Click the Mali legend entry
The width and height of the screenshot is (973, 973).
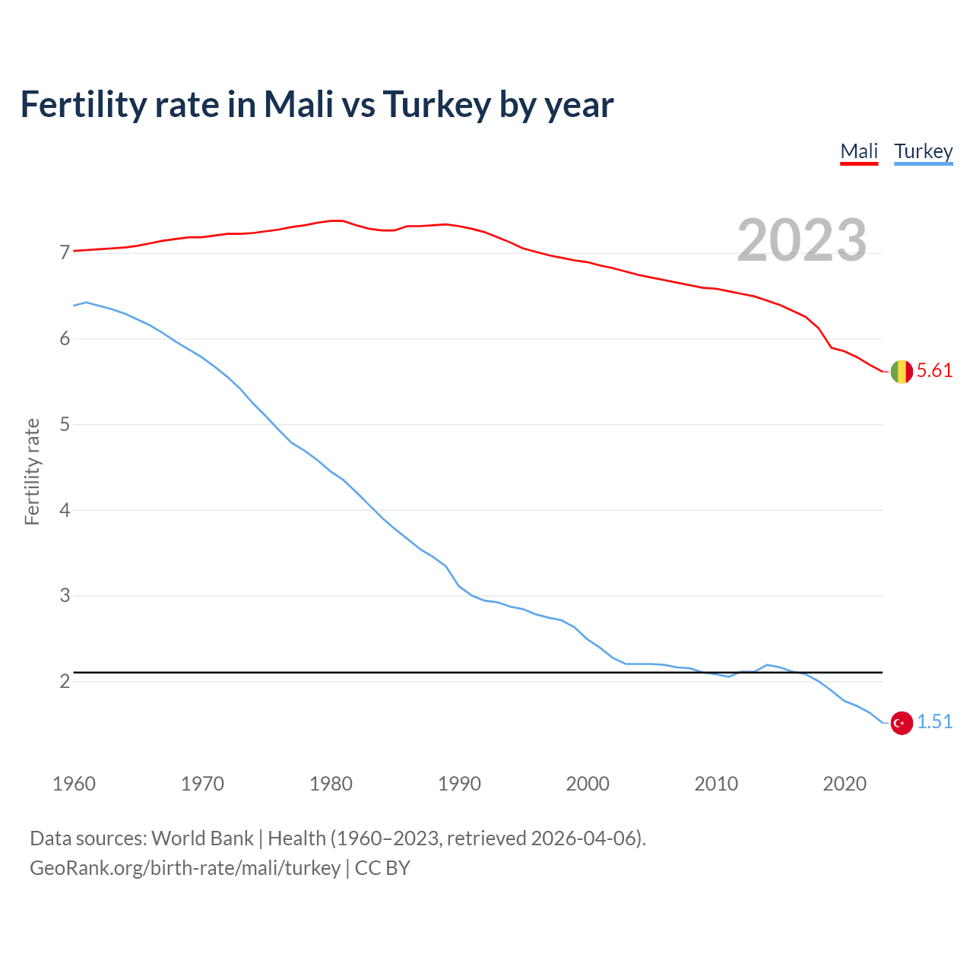coord(859,151)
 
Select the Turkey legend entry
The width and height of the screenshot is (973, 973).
coord(923,151)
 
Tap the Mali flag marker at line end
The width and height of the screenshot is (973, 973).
coord(902,372)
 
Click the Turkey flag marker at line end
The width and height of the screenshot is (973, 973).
coord(902,723)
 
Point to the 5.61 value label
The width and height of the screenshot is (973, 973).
coord(934,371)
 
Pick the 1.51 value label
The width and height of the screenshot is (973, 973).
coord(934,722)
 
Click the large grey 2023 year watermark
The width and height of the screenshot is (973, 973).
coord(802,240)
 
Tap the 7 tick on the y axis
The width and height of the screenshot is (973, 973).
coord(65,253)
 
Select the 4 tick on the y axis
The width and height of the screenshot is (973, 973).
coord(65,510)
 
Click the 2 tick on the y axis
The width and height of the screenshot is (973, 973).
coord(65,681)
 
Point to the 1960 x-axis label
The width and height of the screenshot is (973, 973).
coord(74,784)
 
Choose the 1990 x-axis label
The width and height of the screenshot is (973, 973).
coord(459,784)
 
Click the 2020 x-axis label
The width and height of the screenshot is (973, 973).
coord(845,784)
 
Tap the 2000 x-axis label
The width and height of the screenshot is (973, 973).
coord(588,784)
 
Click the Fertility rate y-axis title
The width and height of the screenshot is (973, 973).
coord(32,471)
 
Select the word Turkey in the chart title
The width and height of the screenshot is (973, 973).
coord(437,105)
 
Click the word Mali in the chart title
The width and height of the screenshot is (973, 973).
coord(299,105)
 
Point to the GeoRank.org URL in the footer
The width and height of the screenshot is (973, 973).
coord(185,868)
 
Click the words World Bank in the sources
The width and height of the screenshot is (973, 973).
coord(202,838)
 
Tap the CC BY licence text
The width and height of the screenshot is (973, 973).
coord(382,868)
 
